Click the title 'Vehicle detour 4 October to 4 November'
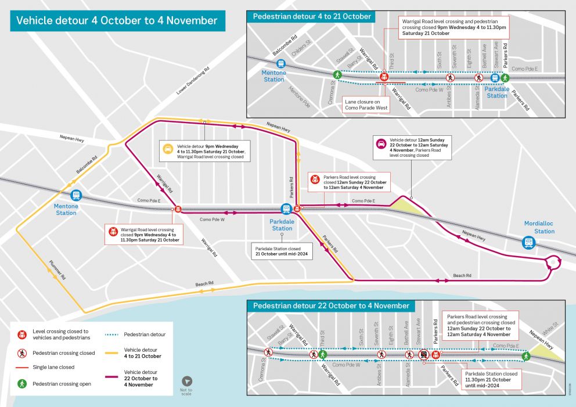(117, 21)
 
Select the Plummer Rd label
(56, 269)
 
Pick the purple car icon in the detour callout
(381, 143)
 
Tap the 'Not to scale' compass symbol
(186, 381)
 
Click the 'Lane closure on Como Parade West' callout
(366, 103)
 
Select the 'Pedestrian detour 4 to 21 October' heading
(312, 16)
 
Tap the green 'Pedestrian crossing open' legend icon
(22, 384)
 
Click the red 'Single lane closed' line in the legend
(22, 367)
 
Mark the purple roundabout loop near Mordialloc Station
(553, 264)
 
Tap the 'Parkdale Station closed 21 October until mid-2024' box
(282, 250)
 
